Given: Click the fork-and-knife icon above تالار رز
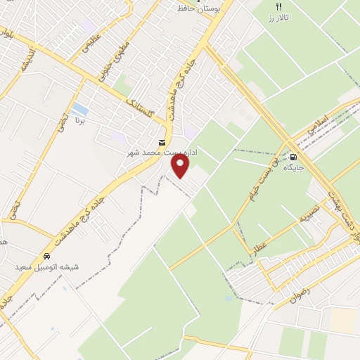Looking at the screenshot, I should [279, 6].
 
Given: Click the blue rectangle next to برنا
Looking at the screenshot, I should [80, 109].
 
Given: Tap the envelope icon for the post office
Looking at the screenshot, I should [163, 143].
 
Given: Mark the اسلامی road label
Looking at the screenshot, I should [321, 125].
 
